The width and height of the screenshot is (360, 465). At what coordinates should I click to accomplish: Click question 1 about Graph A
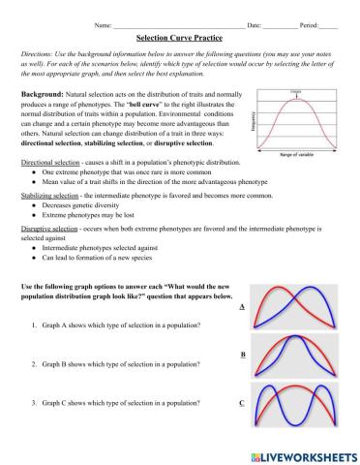pyautogui.click(x=121, y=325)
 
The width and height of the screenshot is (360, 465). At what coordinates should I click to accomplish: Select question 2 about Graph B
pyautogui.click(x=121, y=364)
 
